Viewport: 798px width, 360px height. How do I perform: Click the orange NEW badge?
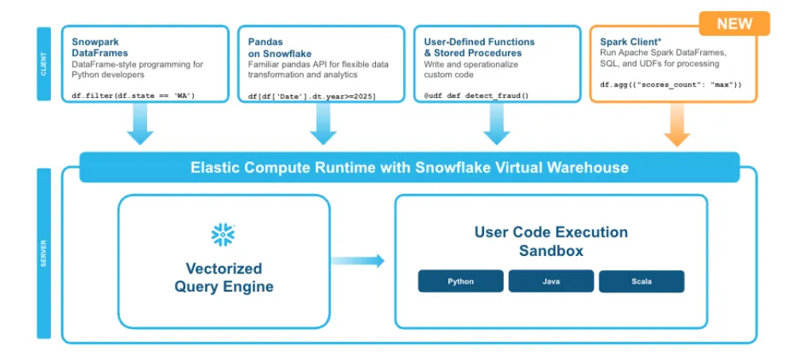tap(734, 23)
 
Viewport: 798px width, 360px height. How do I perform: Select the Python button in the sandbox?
tap(461, 281)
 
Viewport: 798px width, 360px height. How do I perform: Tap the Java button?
tap(551, 281)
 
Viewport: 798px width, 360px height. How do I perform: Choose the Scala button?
tap(641, 281)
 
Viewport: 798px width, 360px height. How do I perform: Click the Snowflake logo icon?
tap(223, 234)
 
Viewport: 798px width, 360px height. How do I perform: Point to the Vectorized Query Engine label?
tap(223, 277)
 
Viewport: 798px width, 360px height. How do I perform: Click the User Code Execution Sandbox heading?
tap(551, 242)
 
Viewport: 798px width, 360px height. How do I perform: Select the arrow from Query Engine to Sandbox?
tap(358, 261)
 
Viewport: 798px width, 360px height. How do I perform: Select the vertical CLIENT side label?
tap(44, 64)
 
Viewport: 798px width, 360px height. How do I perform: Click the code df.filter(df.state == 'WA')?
tap(134, 96)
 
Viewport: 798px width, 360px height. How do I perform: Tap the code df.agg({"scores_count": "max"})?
tap(671, 83)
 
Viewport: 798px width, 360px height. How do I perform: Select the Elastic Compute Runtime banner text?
tap(409, 168)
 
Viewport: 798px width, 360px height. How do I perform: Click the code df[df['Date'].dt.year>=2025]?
tap(312, 96)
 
